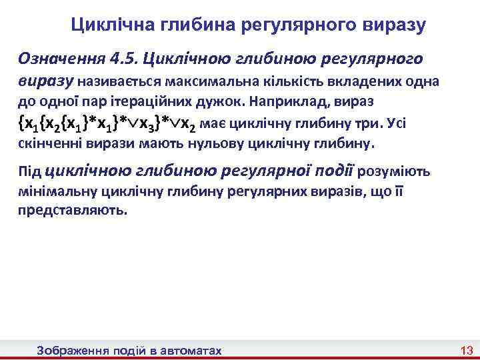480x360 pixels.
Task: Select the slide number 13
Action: [466, 351]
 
